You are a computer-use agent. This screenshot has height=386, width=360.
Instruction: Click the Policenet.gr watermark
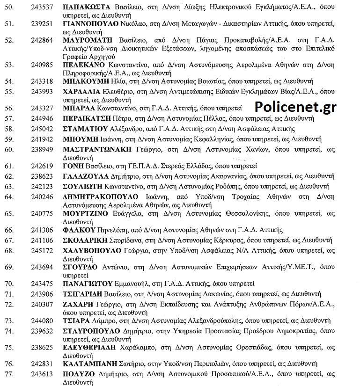point(295,106)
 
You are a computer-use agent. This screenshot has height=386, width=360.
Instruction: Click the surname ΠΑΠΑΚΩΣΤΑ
point(86,7)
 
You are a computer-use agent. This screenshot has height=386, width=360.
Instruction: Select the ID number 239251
point(41,23)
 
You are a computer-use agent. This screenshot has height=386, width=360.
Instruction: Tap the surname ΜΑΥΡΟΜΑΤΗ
point(87,40)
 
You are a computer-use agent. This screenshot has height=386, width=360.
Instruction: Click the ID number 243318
point(41,81)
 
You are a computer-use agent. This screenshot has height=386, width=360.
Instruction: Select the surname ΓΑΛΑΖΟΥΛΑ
point(83,177)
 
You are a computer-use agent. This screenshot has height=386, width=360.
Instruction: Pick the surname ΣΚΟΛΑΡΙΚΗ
point(83,240)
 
